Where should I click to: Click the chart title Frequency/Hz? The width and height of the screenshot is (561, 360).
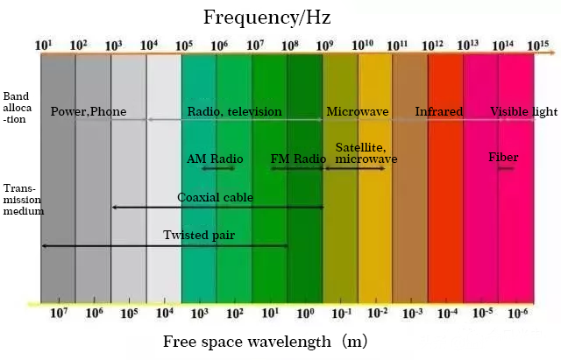266,17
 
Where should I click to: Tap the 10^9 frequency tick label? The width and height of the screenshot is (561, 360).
325,45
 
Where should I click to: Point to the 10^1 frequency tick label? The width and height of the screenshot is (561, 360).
44,45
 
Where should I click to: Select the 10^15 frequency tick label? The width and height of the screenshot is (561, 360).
537,45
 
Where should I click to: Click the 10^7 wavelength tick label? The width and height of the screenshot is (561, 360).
59,313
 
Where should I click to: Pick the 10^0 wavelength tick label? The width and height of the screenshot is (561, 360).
305,313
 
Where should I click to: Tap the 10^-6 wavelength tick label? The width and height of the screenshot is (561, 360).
520,313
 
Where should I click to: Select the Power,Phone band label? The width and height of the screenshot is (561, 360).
89,111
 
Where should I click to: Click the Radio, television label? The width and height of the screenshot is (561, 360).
235,111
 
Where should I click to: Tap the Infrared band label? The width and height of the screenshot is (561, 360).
439,111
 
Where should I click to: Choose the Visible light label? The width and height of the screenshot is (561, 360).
522,111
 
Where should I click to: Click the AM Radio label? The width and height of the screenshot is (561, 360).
215,159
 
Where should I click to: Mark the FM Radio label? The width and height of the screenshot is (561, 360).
298,159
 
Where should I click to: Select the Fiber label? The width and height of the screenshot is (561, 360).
503,158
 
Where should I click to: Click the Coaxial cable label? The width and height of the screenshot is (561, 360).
216,197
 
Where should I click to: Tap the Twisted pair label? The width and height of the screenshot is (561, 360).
199,235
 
